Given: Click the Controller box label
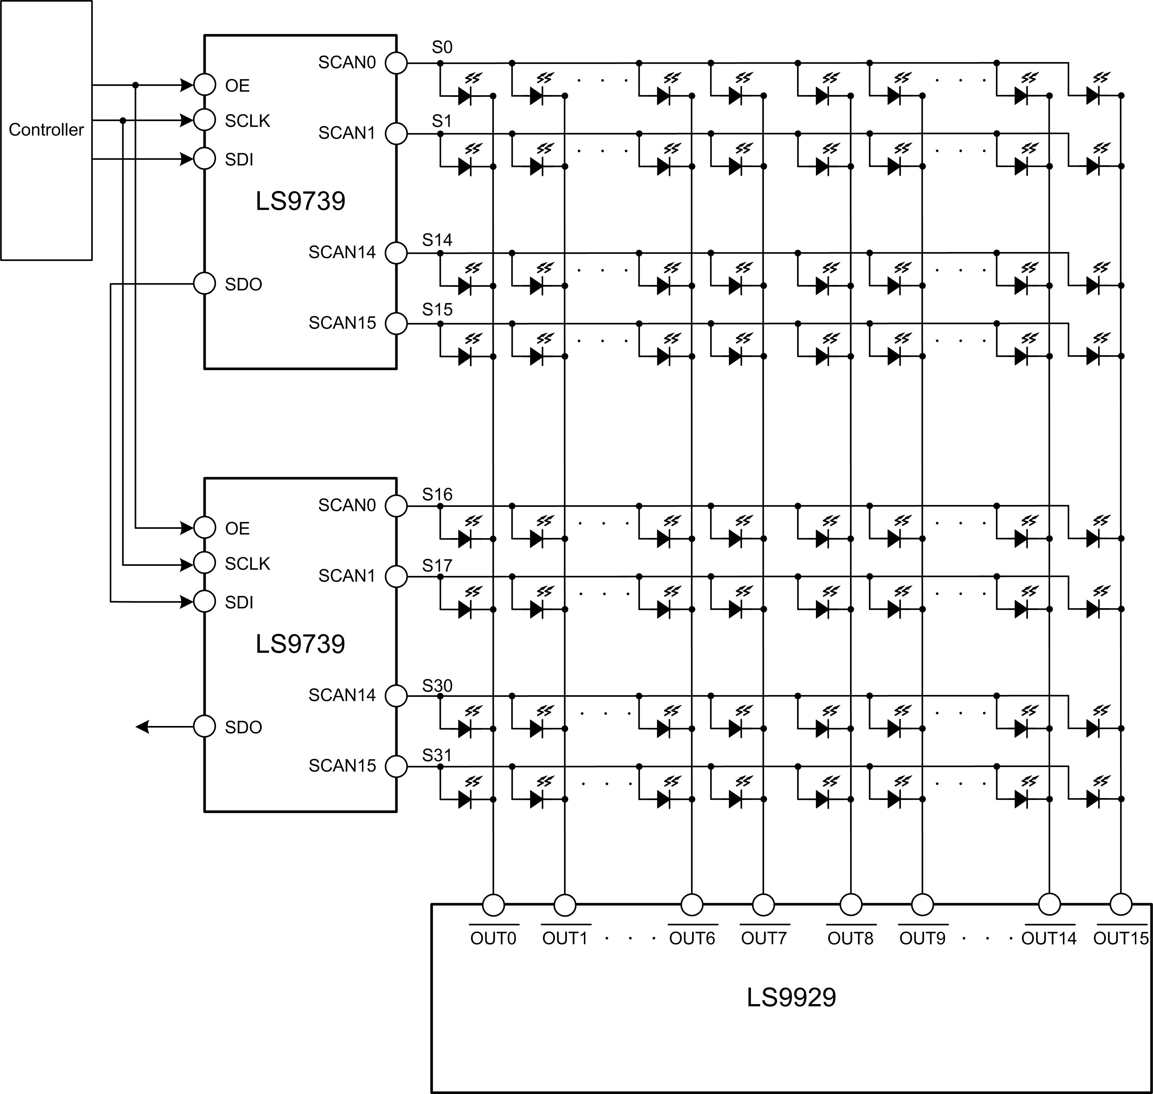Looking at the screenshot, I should pos(46,129).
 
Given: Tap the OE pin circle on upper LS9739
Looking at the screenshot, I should pos(204,85).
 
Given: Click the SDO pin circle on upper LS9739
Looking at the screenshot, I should pos(204,284).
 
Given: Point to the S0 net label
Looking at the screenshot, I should pos(442,47).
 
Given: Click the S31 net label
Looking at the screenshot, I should pos(437,755).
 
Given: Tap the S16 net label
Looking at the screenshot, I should pos(437,495).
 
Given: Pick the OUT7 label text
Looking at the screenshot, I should pos(764,938).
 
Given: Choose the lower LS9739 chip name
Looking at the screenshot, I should pos(300,644).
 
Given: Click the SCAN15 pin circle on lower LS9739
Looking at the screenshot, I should pos(397,766).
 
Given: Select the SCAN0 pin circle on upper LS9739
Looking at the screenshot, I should pos(397,62).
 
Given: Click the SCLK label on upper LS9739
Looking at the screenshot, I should pos(247,121).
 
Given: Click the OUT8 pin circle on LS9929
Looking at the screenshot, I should pos(850,905).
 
